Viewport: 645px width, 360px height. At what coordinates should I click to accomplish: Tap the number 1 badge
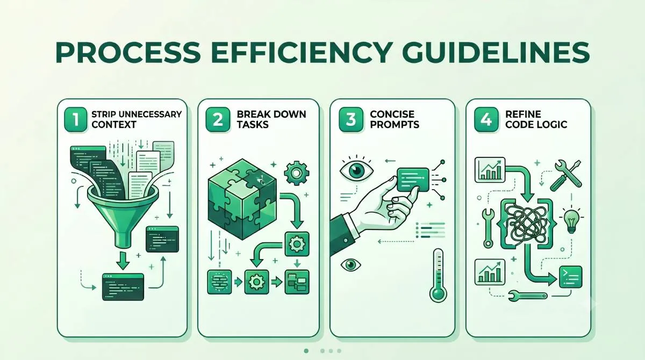(76, 119)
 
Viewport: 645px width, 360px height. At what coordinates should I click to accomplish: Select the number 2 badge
(218, 119)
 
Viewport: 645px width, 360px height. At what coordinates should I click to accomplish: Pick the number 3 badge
(351, 119)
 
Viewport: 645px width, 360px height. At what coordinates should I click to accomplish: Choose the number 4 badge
(486, 119)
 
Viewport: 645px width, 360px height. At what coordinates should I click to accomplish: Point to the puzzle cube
(242, 199)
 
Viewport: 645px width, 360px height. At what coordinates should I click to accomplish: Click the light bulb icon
(571, 221)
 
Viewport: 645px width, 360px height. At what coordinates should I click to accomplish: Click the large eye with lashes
(357, 169)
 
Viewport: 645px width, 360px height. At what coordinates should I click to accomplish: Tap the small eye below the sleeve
(350, 265)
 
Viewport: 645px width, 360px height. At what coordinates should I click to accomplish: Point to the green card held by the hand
(413, 180)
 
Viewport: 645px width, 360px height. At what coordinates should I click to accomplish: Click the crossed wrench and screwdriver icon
(566, 176)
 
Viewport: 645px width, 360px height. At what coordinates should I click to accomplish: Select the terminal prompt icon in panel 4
(571, 277)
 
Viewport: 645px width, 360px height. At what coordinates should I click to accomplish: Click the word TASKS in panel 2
(253, 124)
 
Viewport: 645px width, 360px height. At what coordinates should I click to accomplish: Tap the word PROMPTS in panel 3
(395, 124)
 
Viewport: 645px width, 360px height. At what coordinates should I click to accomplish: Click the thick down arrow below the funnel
(123, 261)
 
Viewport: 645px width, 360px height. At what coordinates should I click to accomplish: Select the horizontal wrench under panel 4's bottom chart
(527, 295)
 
